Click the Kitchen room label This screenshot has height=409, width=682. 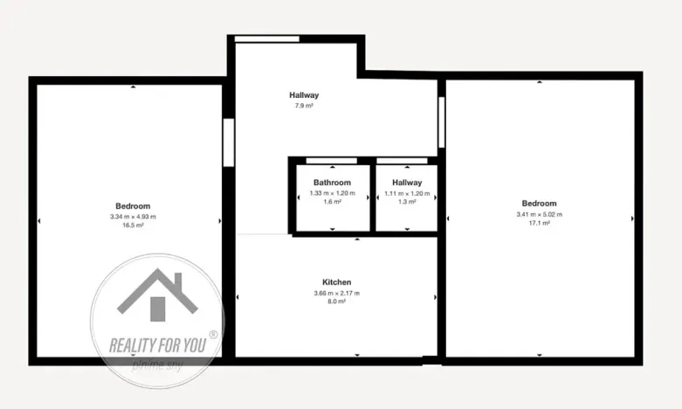pyautogui.click(x=337, y=282)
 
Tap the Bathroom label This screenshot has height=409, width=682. pyautogui.click(x=332, y=183)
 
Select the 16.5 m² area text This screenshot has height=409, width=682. pyautogui.click(x=133, y=225)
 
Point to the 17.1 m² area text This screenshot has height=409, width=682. pyautogui.click(x=539, y=223)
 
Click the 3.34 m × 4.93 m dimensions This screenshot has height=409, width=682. pyautogui.click(x=133, y=216)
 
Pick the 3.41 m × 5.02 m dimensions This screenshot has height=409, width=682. pyautogui.click(x=539, y=214)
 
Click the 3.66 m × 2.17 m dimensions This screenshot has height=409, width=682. pyautogui.click(x=337, y=293)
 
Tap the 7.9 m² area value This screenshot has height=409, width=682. pyautogui.click(x=304, y=105)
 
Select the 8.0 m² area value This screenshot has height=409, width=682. pyautogui.click(x=337, y=302)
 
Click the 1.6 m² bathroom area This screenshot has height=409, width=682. pyautogui.click(x=332, y=201)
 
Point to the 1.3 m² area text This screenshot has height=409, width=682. pyautogui.click(x=407, y=201)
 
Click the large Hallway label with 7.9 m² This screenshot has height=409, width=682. pyautogui.click(x=304, y=94)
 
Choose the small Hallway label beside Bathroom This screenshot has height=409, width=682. pyautogui.click(x=407, y=183)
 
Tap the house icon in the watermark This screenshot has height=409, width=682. pyautogui.click(x=156, y=295)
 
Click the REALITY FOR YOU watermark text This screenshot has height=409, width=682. pyautogui.click(x=157, y=343)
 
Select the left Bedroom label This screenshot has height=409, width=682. pyautogui.click(x=133, y=205)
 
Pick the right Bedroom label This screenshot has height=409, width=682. pyautogui.click(x=539, y=204)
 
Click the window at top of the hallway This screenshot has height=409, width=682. pyautogui.click(x=267, y=38)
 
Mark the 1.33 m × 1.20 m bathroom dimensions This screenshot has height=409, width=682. pyautogui.click(x=332, y=192)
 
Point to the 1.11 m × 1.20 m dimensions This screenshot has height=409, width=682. pyautogui.click(x=407, y=192)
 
